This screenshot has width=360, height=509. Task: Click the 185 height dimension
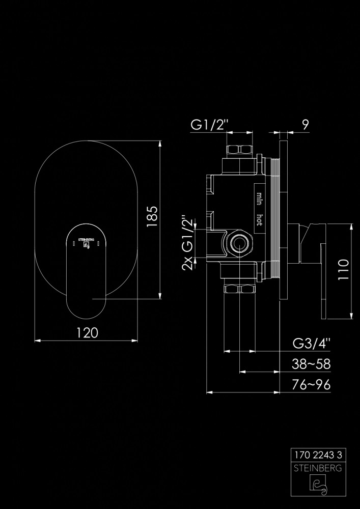[152, 216]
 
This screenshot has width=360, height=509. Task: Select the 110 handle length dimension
[343, 269]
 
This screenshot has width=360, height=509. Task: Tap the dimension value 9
[305, 125]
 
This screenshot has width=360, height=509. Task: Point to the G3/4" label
[312, 344]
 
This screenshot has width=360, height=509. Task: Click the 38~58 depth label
[311, 364]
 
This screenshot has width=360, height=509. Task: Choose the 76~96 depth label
[311, 385]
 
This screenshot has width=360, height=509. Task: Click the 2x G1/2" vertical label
[188, 242]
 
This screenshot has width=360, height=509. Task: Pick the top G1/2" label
[210, 125]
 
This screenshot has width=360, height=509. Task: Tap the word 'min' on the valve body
[259, 199]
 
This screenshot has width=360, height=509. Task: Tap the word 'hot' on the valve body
[259, 219]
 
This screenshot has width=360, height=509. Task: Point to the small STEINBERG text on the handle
[86, 240]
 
